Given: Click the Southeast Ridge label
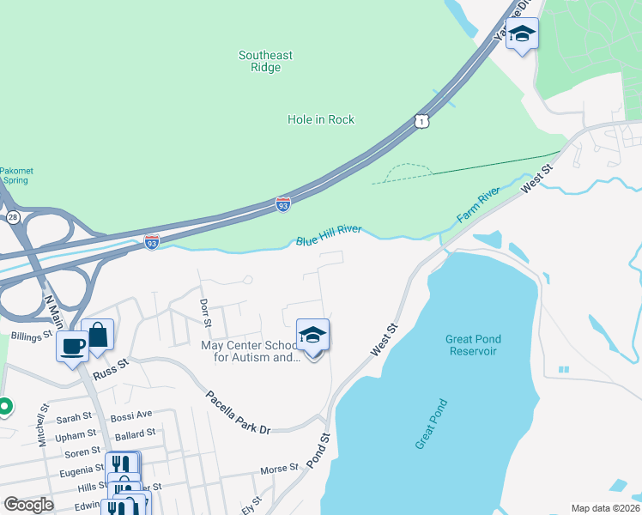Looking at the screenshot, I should pos(265,61).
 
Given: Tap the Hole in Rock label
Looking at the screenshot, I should pos(321,119).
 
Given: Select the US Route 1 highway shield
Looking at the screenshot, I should pos(421,122).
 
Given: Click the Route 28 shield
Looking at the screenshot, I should pos(13,217).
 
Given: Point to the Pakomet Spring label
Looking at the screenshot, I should pos(15,176).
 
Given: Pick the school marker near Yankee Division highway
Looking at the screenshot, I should pos(521,35).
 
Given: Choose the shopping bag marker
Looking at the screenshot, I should pos(98,336).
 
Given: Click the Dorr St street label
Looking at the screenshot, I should pos(204,313).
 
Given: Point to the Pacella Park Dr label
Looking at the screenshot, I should pos(238,412).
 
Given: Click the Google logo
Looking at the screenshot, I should pos(28,504).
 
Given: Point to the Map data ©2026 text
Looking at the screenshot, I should pos(604,508).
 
